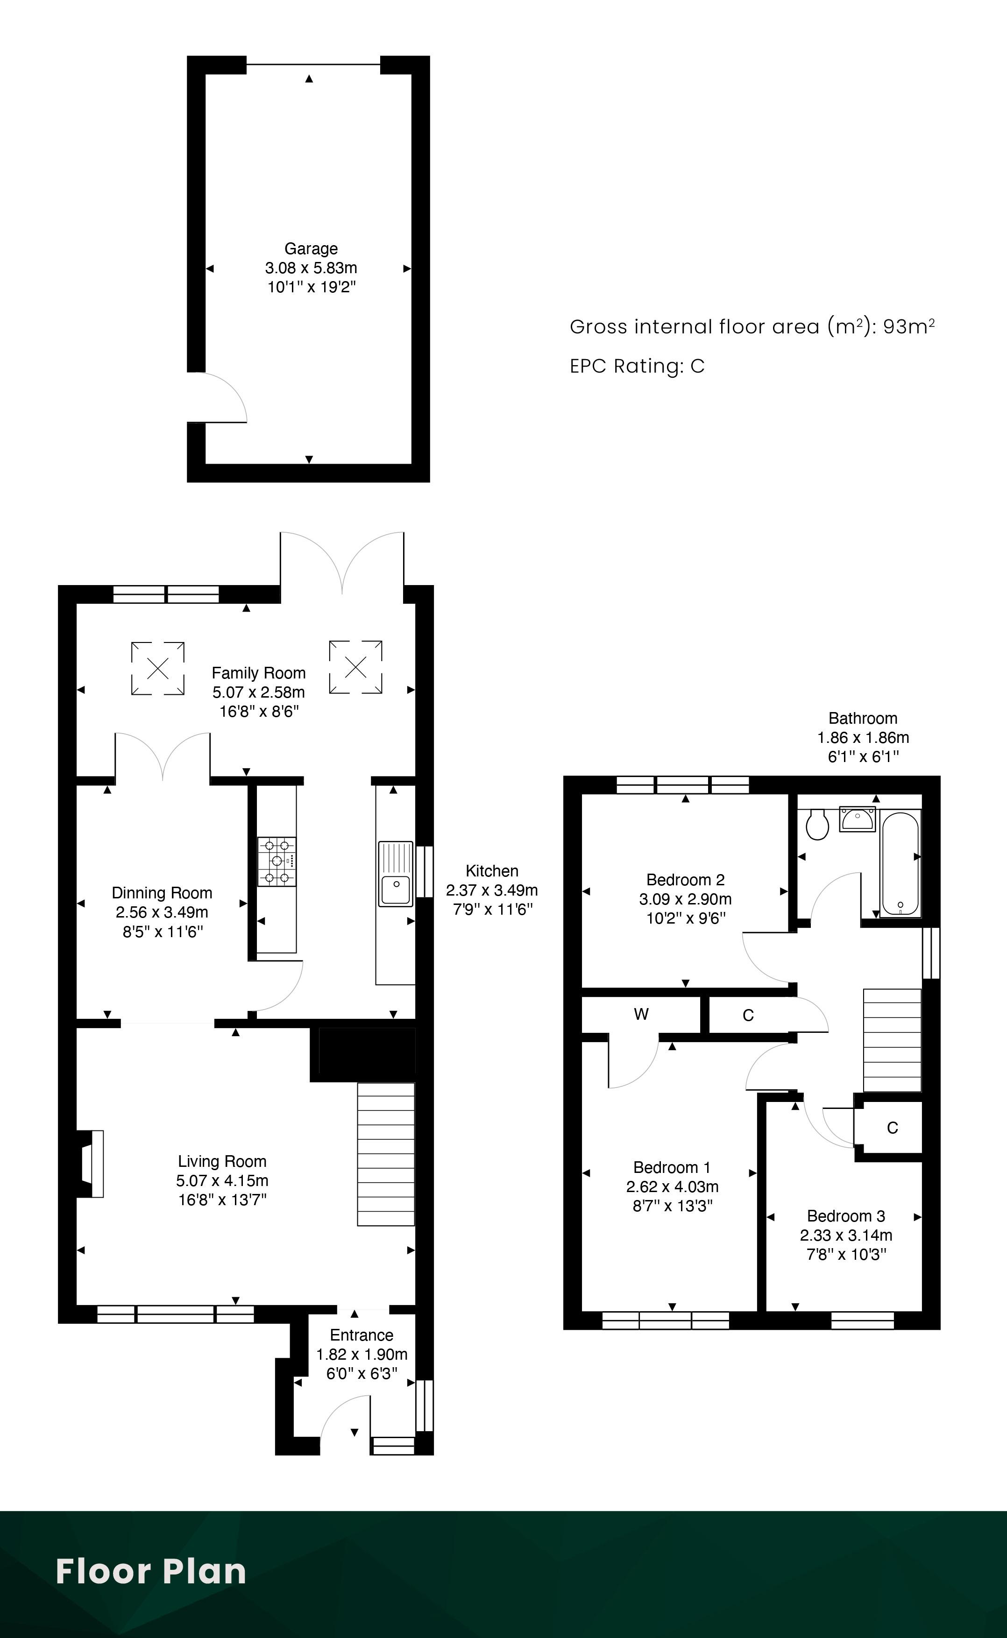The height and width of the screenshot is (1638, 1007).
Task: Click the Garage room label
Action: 311,248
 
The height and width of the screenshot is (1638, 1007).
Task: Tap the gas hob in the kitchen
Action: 277,861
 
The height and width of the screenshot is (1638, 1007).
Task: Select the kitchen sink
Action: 396,874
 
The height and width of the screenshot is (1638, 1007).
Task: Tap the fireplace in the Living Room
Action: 91,1164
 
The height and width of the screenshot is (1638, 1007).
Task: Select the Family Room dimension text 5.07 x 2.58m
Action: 258,692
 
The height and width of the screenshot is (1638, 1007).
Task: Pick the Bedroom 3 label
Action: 846,1216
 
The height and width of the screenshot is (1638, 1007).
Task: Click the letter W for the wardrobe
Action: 641,1014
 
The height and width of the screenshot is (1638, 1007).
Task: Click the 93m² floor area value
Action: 909,326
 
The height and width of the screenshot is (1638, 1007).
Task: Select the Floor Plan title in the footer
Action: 151,1571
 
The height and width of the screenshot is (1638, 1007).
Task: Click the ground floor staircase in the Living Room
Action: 386,1154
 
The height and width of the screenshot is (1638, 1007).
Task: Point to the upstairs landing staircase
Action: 893,1040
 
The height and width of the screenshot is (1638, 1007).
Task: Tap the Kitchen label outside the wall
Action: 492,871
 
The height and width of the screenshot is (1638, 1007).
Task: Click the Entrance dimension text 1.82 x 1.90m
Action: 362,1355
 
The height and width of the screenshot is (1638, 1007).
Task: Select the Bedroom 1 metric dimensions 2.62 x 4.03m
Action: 672,1186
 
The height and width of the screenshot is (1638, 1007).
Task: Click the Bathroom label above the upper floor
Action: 863,719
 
